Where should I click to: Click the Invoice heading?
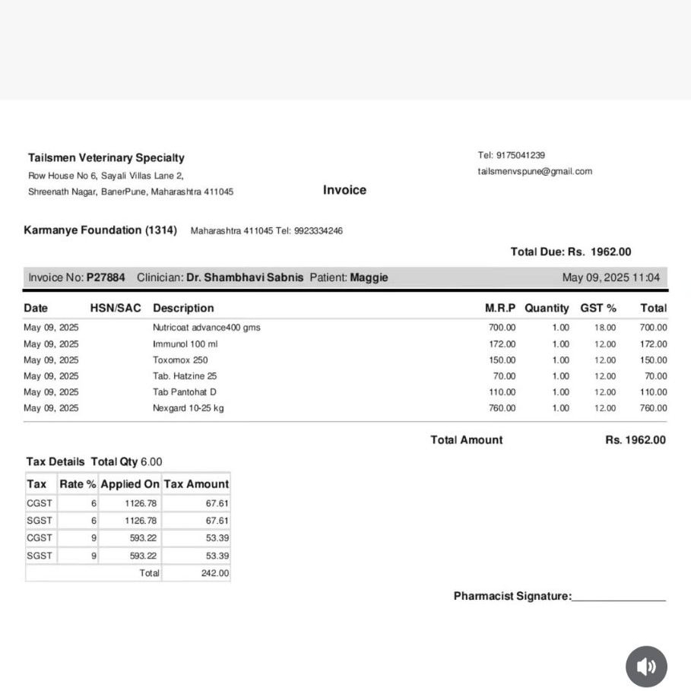344,190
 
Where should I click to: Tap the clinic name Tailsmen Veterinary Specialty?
106,158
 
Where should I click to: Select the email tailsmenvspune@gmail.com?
534,171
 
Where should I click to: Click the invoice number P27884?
106,277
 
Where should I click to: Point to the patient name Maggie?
369,277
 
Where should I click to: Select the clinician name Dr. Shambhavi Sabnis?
245,277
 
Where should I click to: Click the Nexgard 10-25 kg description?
188,408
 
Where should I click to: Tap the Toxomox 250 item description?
180,360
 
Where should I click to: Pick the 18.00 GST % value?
605,328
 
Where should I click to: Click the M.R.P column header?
499,308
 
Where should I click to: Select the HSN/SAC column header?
116,308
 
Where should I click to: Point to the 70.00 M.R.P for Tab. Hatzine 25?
504,376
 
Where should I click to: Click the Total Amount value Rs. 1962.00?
635,440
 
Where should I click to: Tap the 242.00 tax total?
215,573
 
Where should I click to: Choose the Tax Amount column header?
196,484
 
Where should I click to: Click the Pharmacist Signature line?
618,597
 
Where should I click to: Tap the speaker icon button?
646,667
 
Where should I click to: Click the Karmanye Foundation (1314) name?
100,230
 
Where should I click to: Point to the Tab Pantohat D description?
185,392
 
